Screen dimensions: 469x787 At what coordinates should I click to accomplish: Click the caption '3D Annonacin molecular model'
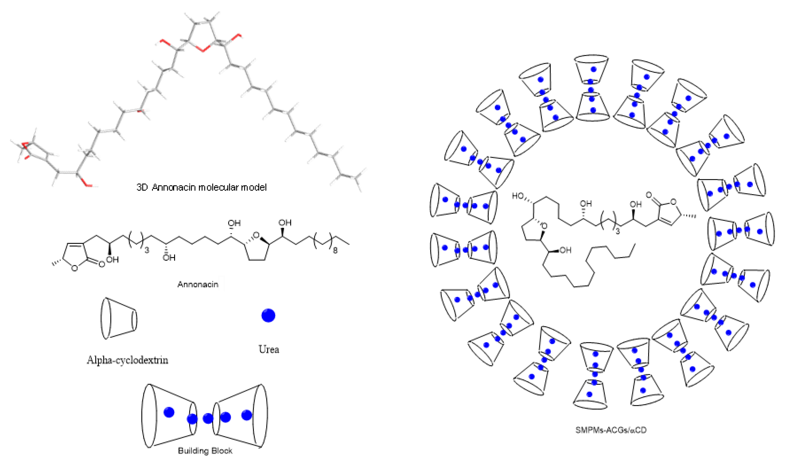click(x=201, y=187)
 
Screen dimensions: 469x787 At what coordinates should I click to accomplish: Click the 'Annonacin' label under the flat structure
click(x=198, y=284)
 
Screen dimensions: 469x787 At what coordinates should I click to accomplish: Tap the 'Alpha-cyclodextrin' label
click(x=127, y=360)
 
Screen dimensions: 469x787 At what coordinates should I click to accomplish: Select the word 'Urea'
click(x=269, y=349)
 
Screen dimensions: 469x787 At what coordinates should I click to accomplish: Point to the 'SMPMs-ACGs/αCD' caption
click(x=611, y=430)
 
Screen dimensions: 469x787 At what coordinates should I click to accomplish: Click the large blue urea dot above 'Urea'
click(x=268, y=315)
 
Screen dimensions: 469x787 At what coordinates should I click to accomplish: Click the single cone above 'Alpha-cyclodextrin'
click(x=119, y=318)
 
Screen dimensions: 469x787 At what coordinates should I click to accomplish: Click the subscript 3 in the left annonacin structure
click(x=147, y=251)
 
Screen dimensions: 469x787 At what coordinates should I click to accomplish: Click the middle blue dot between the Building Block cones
click(x=208, y=418)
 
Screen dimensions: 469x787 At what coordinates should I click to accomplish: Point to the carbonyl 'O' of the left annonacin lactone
click(x=101, y=264)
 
